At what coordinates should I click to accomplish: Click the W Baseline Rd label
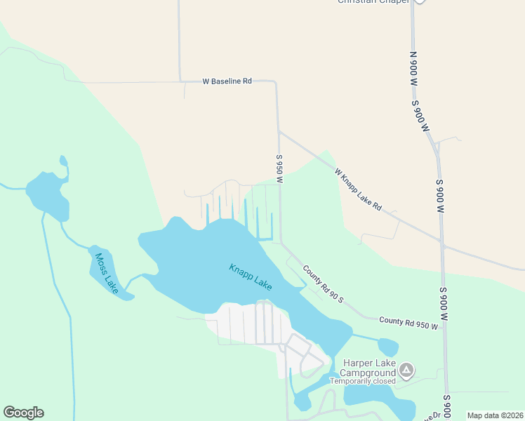coord(227,81)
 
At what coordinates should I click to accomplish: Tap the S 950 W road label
coord(279,169)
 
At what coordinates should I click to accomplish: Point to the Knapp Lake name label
coord(251,278)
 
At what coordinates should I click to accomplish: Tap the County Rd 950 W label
coord(408,323)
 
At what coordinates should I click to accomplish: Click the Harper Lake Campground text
coord(368,367)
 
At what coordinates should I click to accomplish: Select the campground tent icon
coord(406,370)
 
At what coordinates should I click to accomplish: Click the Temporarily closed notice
coord(368,382)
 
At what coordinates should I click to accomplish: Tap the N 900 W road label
coord(414,69)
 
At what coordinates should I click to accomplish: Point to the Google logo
coord(23,413)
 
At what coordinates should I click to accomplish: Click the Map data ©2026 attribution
coord(495,415)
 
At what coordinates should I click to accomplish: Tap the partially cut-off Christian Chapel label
coord(371,2)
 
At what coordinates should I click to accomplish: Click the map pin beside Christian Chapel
coord(419,1)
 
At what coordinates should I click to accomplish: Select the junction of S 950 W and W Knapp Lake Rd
coord(279,131)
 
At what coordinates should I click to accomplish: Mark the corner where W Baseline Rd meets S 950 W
coord(274,82)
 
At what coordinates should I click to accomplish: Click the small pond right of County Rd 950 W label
coord(387,347)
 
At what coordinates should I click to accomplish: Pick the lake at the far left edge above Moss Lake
coord(48,194)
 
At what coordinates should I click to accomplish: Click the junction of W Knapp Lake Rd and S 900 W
coord(442,243)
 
